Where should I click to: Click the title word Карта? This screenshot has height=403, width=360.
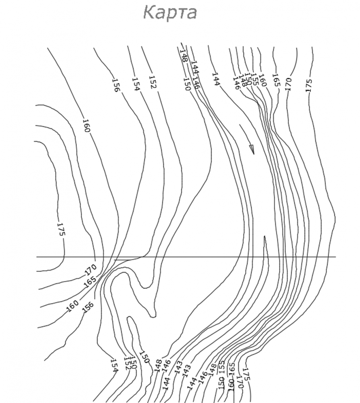pos(170,13)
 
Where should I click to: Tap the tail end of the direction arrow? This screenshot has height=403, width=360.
pos(240,125)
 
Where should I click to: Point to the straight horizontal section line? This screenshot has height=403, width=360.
pos(185,257)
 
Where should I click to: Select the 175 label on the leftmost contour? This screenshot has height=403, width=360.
pos(61,229)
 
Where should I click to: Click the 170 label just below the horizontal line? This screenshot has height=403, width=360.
pos(91,269)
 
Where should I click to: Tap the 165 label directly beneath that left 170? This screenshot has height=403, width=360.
pos(90,282)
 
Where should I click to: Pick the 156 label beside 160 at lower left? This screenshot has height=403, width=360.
pos(87,307)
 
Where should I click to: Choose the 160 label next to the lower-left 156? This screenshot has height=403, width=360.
pos(72,306)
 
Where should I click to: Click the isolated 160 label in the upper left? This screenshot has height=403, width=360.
pos(87,126)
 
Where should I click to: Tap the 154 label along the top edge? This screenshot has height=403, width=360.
pos(135,84)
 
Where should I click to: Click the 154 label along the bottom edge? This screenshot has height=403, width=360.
pos(114,366)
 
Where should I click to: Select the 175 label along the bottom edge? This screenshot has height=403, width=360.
pos(246,373)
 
